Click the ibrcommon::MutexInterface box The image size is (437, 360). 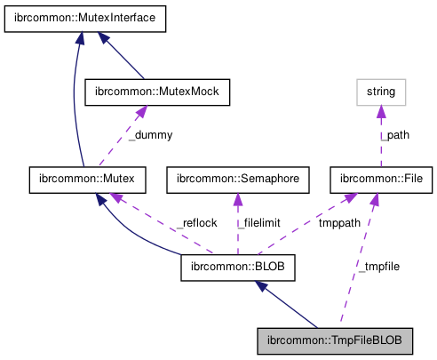pos(85,17)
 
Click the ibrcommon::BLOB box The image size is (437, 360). pos(237,266)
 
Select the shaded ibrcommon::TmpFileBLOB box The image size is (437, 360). pos(335,340)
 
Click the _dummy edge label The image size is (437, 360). pos(150,135)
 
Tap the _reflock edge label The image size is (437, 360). pos(195,222)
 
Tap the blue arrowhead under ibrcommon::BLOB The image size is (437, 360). pos(260,285)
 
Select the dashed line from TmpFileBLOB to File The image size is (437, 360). pos(357,267)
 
